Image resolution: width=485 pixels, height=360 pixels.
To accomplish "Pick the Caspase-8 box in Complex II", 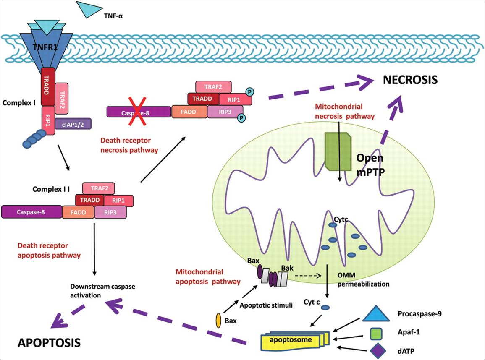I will point(31,211).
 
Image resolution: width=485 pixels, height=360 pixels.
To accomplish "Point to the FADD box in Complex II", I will point(78,212).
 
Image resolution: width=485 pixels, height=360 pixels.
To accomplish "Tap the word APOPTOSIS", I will point(49,343).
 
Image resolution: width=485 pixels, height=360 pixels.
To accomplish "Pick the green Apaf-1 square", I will point(376,334).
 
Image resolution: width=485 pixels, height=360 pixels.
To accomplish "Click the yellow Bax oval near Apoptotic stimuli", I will point(218,320).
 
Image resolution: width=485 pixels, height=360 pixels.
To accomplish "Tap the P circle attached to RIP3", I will point(242,119).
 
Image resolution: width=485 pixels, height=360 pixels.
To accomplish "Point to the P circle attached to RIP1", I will point(249,91).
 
